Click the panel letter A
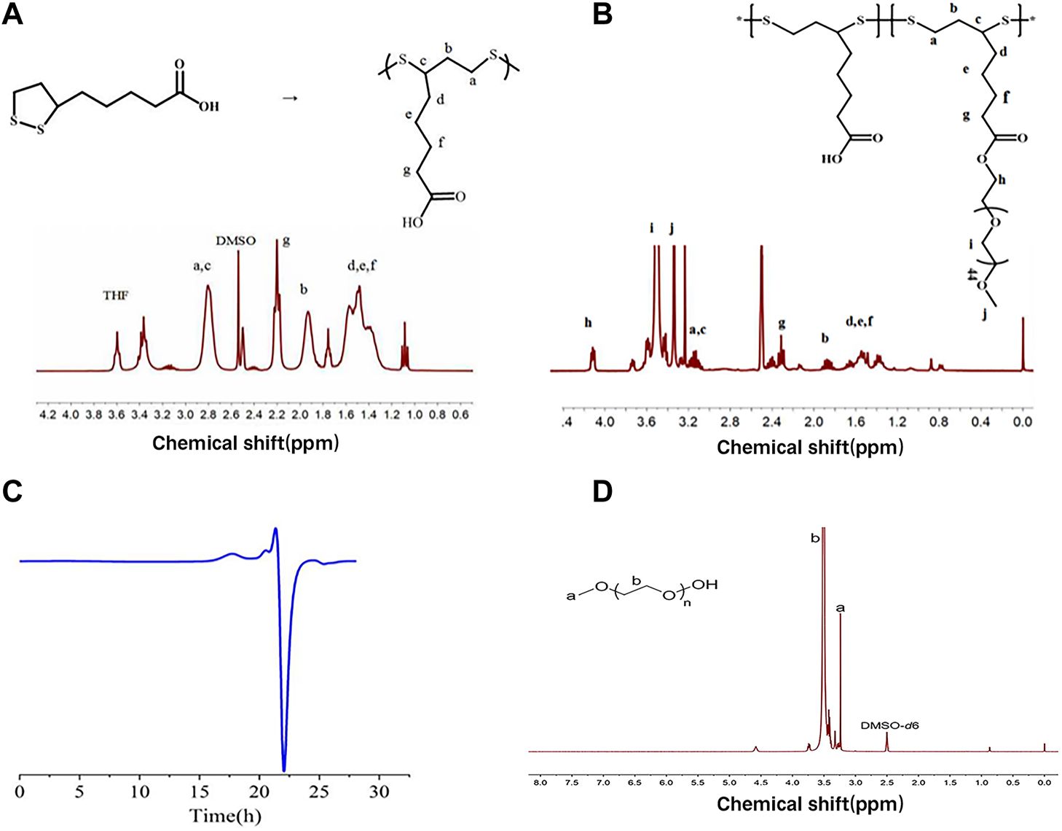click(x=12, y=14)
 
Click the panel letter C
click(x=12, y=492)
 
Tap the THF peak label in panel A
click(x=116, y=295)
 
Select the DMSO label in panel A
click(x=236, y=241)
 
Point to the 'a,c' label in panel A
click(x=202, y=266)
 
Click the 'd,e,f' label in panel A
click(x=362, y=265)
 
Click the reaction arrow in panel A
click(x=290, y=98)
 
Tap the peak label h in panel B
click(x=588, y=323)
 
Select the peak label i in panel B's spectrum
click(x=652, y=228)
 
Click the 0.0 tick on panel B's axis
click(x=1023, y=422)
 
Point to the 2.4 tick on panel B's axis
click(x=772, y=422)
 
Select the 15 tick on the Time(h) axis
click(x=200, y=792)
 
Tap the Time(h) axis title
click(x=224, y=815)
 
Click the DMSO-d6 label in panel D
click(x=889, y=725)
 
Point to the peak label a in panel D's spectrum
click(x=840, y=607)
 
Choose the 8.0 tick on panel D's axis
click(x=540, y=782)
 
